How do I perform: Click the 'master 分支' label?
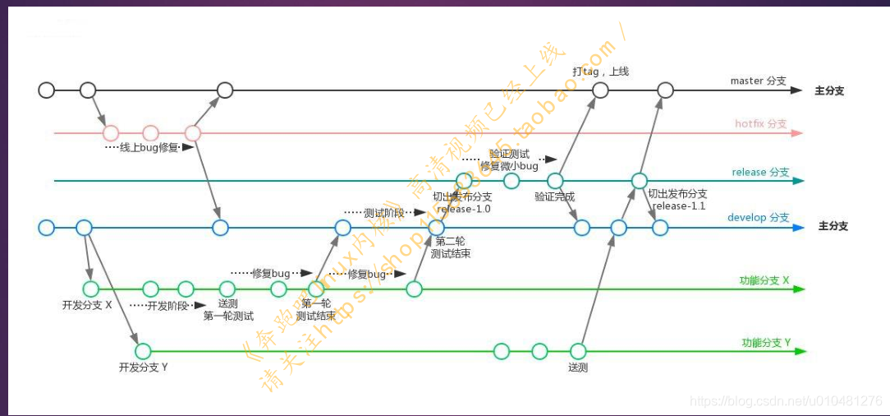point(758,81)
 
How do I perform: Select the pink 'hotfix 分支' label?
point(760,124)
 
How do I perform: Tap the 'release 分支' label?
point(760,172)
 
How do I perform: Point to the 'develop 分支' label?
point(758,218)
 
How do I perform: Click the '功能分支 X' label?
point(764,280)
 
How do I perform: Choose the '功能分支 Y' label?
point(766,342)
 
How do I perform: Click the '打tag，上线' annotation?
point(600,72)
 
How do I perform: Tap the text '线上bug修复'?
point(149,148)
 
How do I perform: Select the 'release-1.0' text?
point(465,209)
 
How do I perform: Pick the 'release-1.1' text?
point(679,206)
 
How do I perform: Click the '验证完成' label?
point(554,196)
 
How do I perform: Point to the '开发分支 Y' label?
point(143,367)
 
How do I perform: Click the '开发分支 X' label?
point(87,304)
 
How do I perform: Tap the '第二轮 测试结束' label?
point(451,247)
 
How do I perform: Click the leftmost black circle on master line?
point(47,90)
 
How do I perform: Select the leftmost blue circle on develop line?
point(46,227)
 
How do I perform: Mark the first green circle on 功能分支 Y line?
point(143,351)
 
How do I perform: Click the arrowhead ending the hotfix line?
point(797,132)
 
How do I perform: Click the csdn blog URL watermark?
point(786,401)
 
